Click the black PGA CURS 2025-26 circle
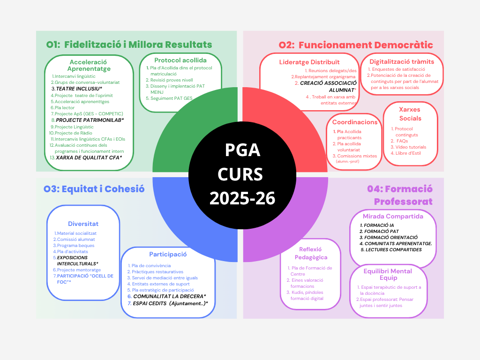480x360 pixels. (242, 174)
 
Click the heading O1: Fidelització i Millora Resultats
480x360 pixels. (129, 45)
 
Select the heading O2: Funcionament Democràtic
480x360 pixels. (356, 45)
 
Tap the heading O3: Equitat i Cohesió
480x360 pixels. (94, 189)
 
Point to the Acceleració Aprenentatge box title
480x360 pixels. (89, 65)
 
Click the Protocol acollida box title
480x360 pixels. (180, 60)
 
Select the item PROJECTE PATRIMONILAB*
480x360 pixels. (90, 120)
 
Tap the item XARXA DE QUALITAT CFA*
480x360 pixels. (89, 157)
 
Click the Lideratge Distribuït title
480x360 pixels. (309, 62)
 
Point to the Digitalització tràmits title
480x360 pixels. (402, 61)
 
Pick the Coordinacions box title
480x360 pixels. (355, 122)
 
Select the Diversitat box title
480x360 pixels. (83, 224)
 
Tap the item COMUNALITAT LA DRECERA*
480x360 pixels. (170, 296)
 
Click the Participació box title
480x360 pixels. (168, 255)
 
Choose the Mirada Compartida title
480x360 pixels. (393, 216)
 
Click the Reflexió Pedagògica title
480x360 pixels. (310, 253)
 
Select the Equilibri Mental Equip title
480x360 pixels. (388, 274)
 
